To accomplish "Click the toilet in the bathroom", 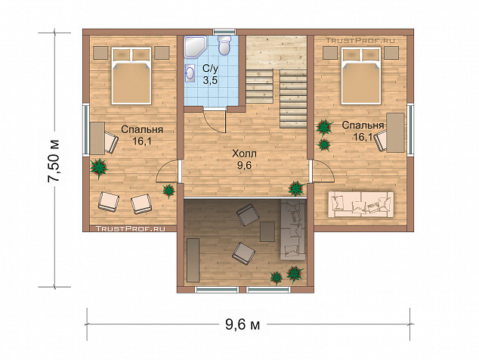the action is click(x=225, y=45).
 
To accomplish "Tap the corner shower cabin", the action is click(x=194, y=46).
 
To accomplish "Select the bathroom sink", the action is click(x=190, y=73).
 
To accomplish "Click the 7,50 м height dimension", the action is click(x=54, y=161).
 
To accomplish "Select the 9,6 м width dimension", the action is click(x=243, y=324).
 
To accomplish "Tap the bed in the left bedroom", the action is click(x=131, y=76).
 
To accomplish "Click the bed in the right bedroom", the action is click(x=361, y=76).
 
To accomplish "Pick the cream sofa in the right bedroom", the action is click(x=361, y=204).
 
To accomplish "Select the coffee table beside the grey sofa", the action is click(x=267, y=231).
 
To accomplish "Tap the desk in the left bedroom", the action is click(x=97, y=138).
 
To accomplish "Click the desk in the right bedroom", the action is click(x=395, y=132).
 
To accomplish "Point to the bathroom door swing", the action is click(x=215, y=122).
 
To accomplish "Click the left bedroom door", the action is click(x=167, y=172).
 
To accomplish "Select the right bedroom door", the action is click(x=323, y=172).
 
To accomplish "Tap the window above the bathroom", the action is click(x=225, y=32).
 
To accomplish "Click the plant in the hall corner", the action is click(x=295, y=188).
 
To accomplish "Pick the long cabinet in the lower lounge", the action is click(x=193, y=260).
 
